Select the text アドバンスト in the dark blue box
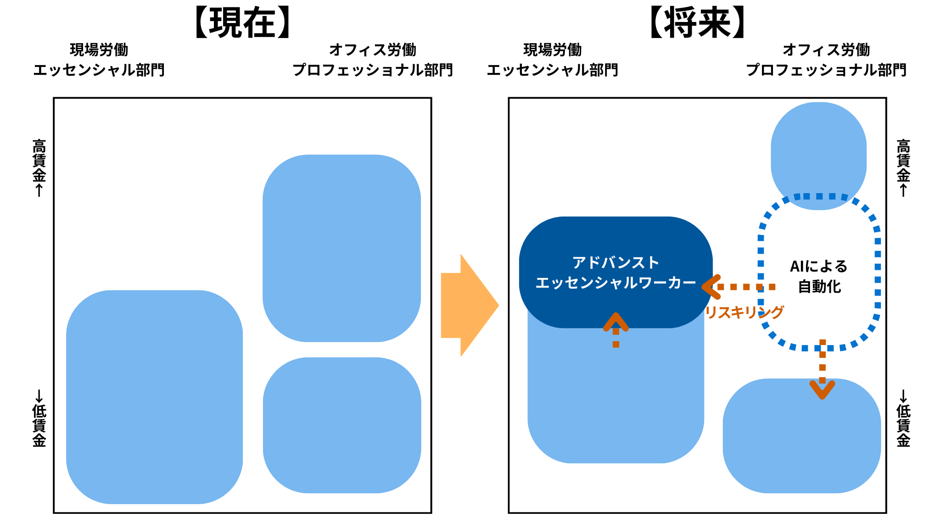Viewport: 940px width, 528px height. click(615, 263)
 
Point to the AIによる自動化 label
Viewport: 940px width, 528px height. click(819, 276)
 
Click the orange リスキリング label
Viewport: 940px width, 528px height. click(744, 312)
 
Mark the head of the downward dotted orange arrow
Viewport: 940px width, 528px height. click(822, 390)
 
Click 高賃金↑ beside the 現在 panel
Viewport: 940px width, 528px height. click(39, 167)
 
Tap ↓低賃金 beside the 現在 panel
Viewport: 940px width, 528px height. click(39, 418)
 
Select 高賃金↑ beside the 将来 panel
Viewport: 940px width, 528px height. click(903, 167)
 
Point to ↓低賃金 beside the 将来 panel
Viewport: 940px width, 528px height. click(903, 418)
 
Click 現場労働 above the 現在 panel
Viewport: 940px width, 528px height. click(99, 50)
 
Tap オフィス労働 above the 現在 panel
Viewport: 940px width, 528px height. click(373, 50)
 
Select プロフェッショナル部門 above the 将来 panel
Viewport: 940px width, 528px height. click(826, 70)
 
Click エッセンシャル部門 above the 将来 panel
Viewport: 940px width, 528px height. click(552, 70)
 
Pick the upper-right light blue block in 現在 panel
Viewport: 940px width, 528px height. click(341, 248)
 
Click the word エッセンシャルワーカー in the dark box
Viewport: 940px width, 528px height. click(615, 283)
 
